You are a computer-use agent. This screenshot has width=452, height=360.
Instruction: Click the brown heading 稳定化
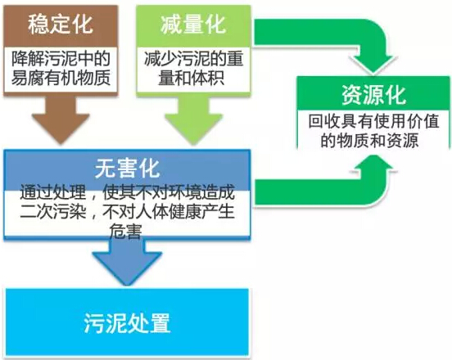61,25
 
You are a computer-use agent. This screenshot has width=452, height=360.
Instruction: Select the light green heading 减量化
193,25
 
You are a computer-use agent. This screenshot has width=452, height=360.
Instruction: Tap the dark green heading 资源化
374,95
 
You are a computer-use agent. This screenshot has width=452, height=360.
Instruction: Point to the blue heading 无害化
127,169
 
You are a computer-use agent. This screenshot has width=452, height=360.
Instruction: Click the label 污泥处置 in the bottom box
127,323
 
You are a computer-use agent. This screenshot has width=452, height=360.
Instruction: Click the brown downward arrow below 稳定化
61,119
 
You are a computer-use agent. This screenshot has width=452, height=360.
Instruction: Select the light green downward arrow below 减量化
193,119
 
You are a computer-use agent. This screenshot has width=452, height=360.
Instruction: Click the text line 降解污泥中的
61,58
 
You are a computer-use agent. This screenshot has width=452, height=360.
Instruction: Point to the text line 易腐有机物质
61,78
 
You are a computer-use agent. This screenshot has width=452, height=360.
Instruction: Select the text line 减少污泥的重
193,58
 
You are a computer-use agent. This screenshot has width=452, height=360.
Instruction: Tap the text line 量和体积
192,78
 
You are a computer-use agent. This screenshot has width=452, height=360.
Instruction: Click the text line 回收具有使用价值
373,122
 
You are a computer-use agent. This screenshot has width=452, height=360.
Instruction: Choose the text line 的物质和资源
370,141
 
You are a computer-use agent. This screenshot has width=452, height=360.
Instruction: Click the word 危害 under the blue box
125,231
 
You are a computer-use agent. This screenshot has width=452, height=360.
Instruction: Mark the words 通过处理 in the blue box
53,192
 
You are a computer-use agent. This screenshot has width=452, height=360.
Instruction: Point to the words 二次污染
53,212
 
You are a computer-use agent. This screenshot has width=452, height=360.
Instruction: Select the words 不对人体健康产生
169,212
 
